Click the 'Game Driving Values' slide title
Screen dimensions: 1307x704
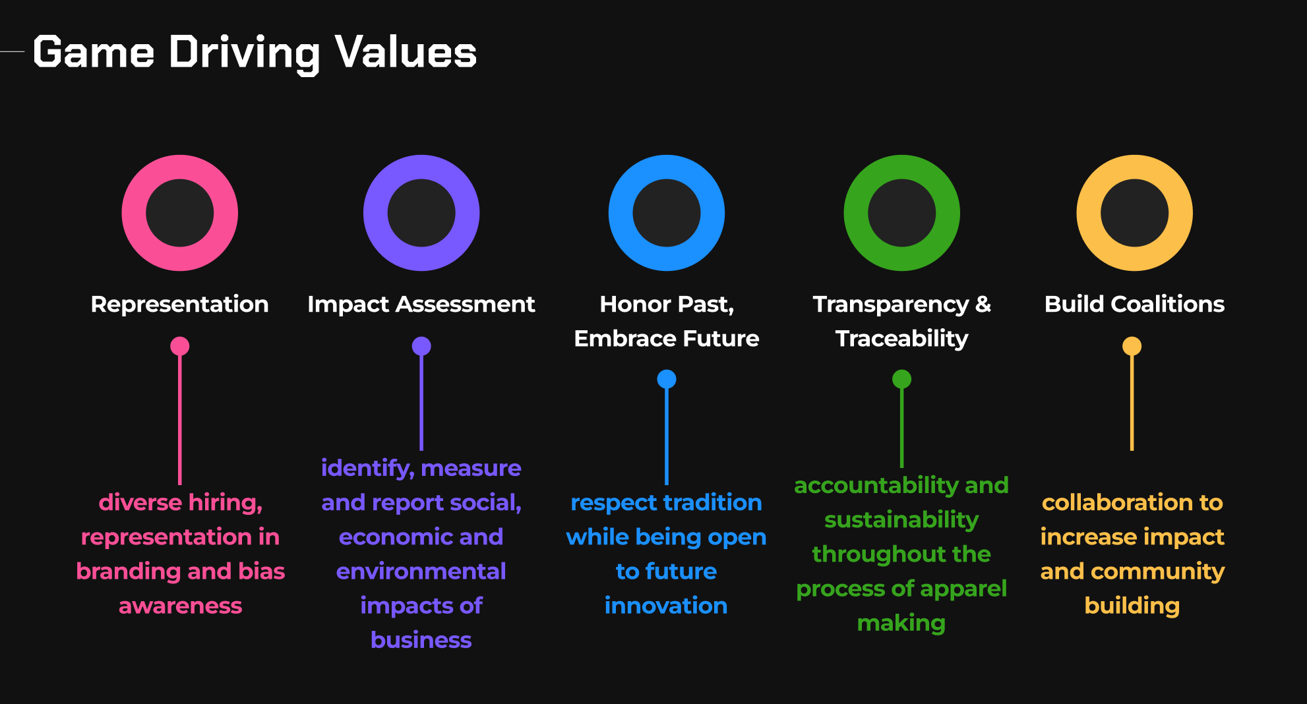click(255, 53)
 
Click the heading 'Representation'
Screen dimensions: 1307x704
click(179, 304)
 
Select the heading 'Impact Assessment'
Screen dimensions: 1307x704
click(421, 304)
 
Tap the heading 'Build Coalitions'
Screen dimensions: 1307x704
click(1134, 304)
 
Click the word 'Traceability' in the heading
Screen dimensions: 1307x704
click(901, 339)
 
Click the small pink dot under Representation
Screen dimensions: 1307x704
click(180, 346)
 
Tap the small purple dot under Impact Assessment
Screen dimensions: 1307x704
click(421, 346)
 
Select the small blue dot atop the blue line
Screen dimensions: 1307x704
click(667, 379)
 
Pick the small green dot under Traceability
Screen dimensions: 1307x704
click(901, 379)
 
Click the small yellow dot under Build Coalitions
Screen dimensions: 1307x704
click(1132, 346)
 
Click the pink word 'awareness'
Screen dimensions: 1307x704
click(180, 606)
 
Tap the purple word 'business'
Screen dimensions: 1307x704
click(421, 640)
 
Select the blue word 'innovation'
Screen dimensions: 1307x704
click(666, 606)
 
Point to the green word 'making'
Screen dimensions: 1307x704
click(901, 623)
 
